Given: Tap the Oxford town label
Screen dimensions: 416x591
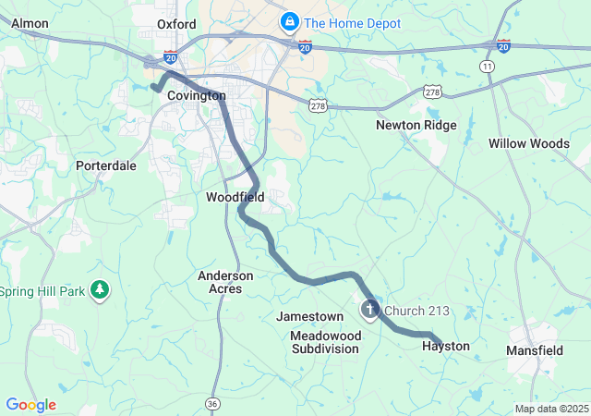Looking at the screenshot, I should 176,24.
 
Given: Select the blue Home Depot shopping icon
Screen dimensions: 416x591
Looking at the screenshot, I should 289,20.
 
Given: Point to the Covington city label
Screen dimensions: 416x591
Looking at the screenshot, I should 197,95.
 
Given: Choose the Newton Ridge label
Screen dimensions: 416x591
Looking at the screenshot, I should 416,125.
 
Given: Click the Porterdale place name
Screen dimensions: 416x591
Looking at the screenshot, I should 106,165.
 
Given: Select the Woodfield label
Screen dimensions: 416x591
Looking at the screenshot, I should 235,197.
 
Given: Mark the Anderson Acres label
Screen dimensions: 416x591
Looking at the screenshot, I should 225,282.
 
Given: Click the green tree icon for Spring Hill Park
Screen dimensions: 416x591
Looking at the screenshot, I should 100,291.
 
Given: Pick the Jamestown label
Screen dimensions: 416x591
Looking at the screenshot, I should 310,316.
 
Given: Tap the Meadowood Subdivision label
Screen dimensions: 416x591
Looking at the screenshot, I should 325,342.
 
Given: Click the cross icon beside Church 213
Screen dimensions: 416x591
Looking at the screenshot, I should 369,310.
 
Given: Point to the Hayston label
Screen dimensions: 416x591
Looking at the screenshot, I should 446,347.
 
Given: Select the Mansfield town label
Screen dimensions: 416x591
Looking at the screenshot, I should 535,350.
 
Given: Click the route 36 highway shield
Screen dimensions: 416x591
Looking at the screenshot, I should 213,403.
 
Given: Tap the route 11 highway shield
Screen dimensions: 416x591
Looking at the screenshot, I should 487,67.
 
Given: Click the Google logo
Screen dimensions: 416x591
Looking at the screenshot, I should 30,405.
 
